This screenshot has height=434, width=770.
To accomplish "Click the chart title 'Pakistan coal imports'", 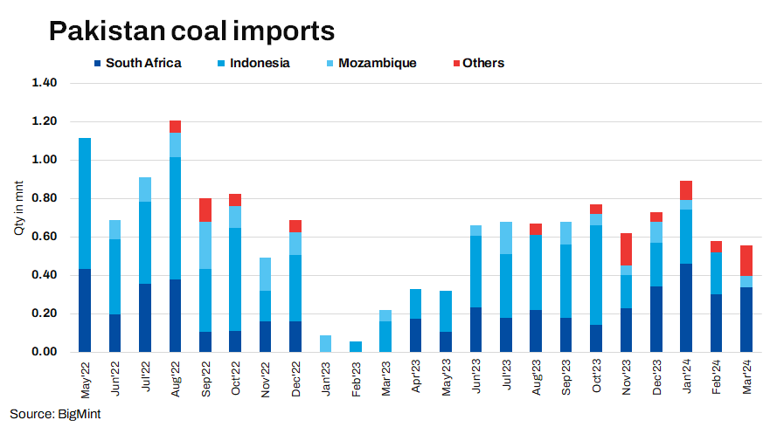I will (191, 31).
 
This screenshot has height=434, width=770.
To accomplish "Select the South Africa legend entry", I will (142, 63).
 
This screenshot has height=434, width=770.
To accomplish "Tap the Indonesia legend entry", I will (260, 63).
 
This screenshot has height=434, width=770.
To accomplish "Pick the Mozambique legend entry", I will (377, 63).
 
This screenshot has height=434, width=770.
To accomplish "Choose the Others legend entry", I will (482, 63).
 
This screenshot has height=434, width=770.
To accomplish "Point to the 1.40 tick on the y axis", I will (44, 83).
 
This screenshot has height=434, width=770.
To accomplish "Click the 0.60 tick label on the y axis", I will (44, 237).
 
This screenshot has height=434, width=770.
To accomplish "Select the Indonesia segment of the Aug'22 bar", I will (176, 218).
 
